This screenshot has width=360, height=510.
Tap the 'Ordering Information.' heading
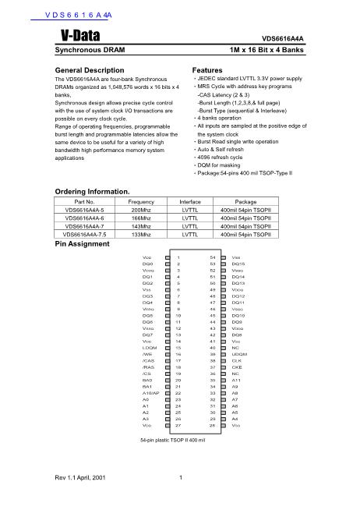coord(93,191)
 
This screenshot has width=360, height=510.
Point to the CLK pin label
coord(238,361)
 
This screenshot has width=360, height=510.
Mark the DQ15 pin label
coord(238,264)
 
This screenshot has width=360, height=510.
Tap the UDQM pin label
coord(239,354)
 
